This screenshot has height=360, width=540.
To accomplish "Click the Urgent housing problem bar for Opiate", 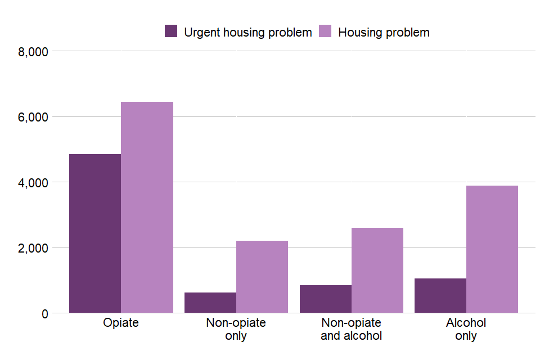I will point(95,233).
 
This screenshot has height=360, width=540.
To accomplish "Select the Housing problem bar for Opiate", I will point(147,207).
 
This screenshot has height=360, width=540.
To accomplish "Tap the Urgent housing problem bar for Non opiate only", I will point(210,303).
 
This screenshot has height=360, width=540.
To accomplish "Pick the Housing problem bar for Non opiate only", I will point(262,277).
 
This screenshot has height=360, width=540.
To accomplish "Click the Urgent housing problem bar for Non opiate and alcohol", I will point(326,299).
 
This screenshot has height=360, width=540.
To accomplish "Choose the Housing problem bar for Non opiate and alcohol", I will point(377,270).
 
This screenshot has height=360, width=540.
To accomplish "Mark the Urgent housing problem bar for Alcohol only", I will point(440,295).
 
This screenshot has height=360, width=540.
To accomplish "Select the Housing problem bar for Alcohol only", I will point(492,249).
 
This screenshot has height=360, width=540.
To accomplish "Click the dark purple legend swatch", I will point(171,31).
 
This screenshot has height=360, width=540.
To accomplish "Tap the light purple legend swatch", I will point(325,31).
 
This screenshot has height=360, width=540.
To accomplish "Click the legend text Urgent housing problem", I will point(247,32).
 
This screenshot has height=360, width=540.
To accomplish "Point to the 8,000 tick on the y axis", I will point(33,52).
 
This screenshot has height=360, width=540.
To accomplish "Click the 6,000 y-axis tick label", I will point(33,117).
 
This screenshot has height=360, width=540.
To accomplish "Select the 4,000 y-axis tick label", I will point(33,182).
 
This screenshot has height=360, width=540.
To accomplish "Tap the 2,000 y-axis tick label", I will point(33,248).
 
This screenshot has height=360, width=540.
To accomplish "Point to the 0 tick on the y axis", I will point(44,313).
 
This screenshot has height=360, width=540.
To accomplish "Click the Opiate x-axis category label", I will point(121,323).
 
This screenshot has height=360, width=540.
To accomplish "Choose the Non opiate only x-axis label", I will point(236,329).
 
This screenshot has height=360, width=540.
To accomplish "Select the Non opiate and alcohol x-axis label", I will point(352,329).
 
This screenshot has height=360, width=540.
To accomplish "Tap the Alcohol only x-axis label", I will point(466,329).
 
